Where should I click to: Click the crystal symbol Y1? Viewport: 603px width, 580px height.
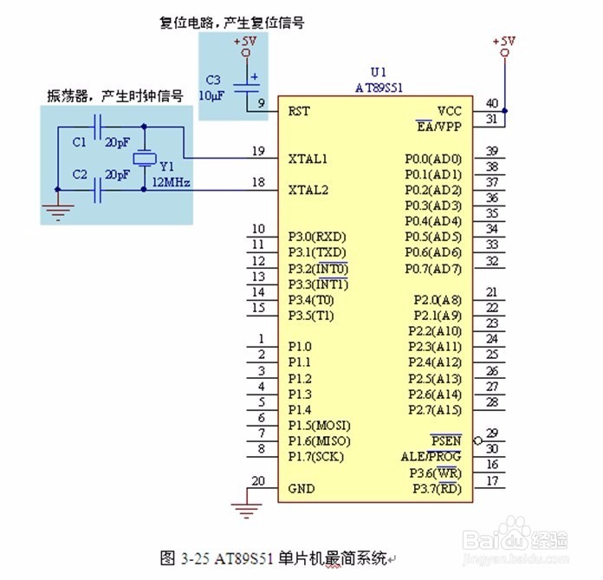pos(144,159)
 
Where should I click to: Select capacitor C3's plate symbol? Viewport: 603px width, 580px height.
pos(247,88)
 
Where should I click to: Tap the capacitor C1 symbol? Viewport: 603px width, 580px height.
pos(97,127)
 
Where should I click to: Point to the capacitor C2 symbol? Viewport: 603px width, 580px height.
pos(97,190)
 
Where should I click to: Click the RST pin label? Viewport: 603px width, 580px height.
pos(299,112)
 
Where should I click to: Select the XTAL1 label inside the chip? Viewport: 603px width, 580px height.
pos(308,159)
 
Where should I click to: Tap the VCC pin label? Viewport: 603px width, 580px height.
pos(449,111)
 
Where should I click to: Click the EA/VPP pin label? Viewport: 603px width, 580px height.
pos(438,127)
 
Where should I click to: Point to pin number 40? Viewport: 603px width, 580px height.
pos(492,103)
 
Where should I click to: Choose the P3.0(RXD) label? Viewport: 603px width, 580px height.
pos(317,237)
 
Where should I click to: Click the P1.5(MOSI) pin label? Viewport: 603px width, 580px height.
pos(320,426)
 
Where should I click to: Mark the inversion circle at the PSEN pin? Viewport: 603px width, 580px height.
pos(477,440)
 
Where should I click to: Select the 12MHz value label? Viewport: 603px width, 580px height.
pos(172,182)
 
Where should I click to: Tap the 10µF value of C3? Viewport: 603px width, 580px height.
pos(211,96)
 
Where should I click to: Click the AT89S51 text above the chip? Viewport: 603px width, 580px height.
pos(379,88)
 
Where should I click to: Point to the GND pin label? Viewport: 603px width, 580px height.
pos(301,489)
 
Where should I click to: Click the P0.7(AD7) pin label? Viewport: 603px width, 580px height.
pos(433,269)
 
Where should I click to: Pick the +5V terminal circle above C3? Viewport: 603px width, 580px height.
pos(246,53)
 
